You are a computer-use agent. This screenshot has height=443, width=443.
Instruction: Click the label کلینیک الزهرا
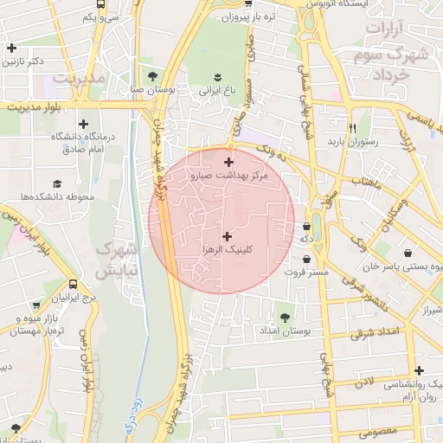click(x=226, y=249)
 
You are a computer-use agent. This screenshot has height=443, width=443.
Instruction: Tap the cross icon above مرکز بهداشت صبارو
click(x=228, y=162)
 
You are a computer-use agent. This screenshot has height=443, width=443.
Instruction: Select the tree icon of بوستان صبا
click(x=152, y=76)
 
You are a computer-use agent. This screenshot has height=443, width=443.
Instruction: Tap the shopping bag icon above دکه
click(x=306, y=227)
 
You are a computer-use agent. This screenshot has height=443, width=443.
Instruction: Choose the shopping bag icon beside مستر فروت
click(x=307, y=259)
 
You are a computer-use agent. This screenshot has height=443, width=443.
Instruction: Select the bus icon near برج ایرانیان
click(x=73, y=285)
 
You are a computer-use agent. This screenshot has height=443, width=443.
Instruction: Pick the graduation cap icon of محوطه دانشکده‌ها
click(x=57, y=183)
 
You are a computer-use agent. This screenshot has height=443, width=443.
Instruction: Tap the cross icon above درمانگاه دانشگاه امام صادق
click(x=83, y=125)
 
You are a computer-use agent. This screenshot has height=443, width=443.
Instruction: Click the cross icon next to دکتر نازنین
click(x=10, y=49)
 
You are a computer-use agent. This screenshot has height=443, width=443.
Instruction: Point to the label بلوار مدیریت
click(x=32, y=108)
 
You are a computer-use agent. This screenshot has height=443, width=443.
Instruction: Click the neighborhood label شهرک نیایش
click(x=116, y=260)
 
